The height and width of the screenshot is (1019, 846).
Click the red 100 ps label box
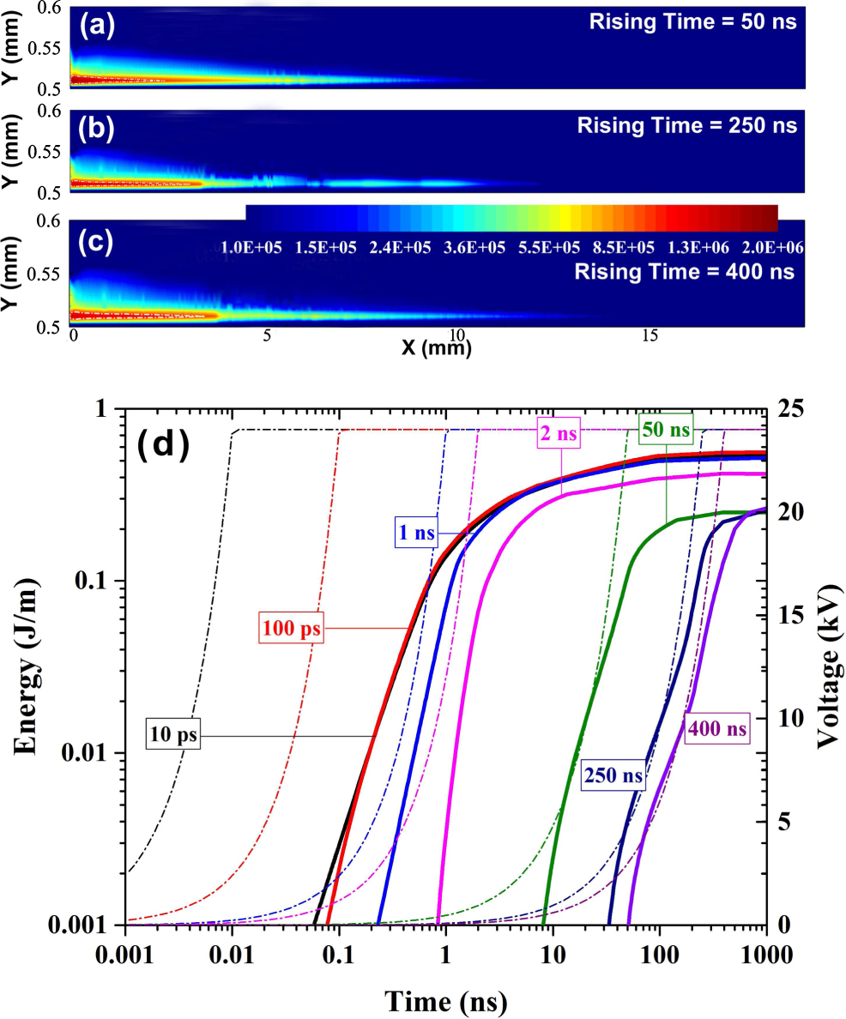point(292,629)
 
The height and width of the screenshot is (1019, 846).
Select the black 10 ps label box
point(172,736)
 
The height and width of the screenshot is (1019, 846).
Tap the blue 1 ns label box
point(413,533)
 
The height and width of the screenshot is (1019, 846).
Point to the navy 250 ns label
point(614,776)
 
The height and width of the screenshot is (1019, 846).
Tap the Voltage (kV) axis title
point(825,667)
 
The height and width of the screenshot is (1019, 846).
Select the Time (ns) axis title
point(445,1000)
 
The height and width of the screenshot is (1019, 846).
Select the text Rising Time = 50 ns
point(692,23)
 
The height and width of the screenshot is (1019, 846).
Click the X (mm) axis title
point(436,347)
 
